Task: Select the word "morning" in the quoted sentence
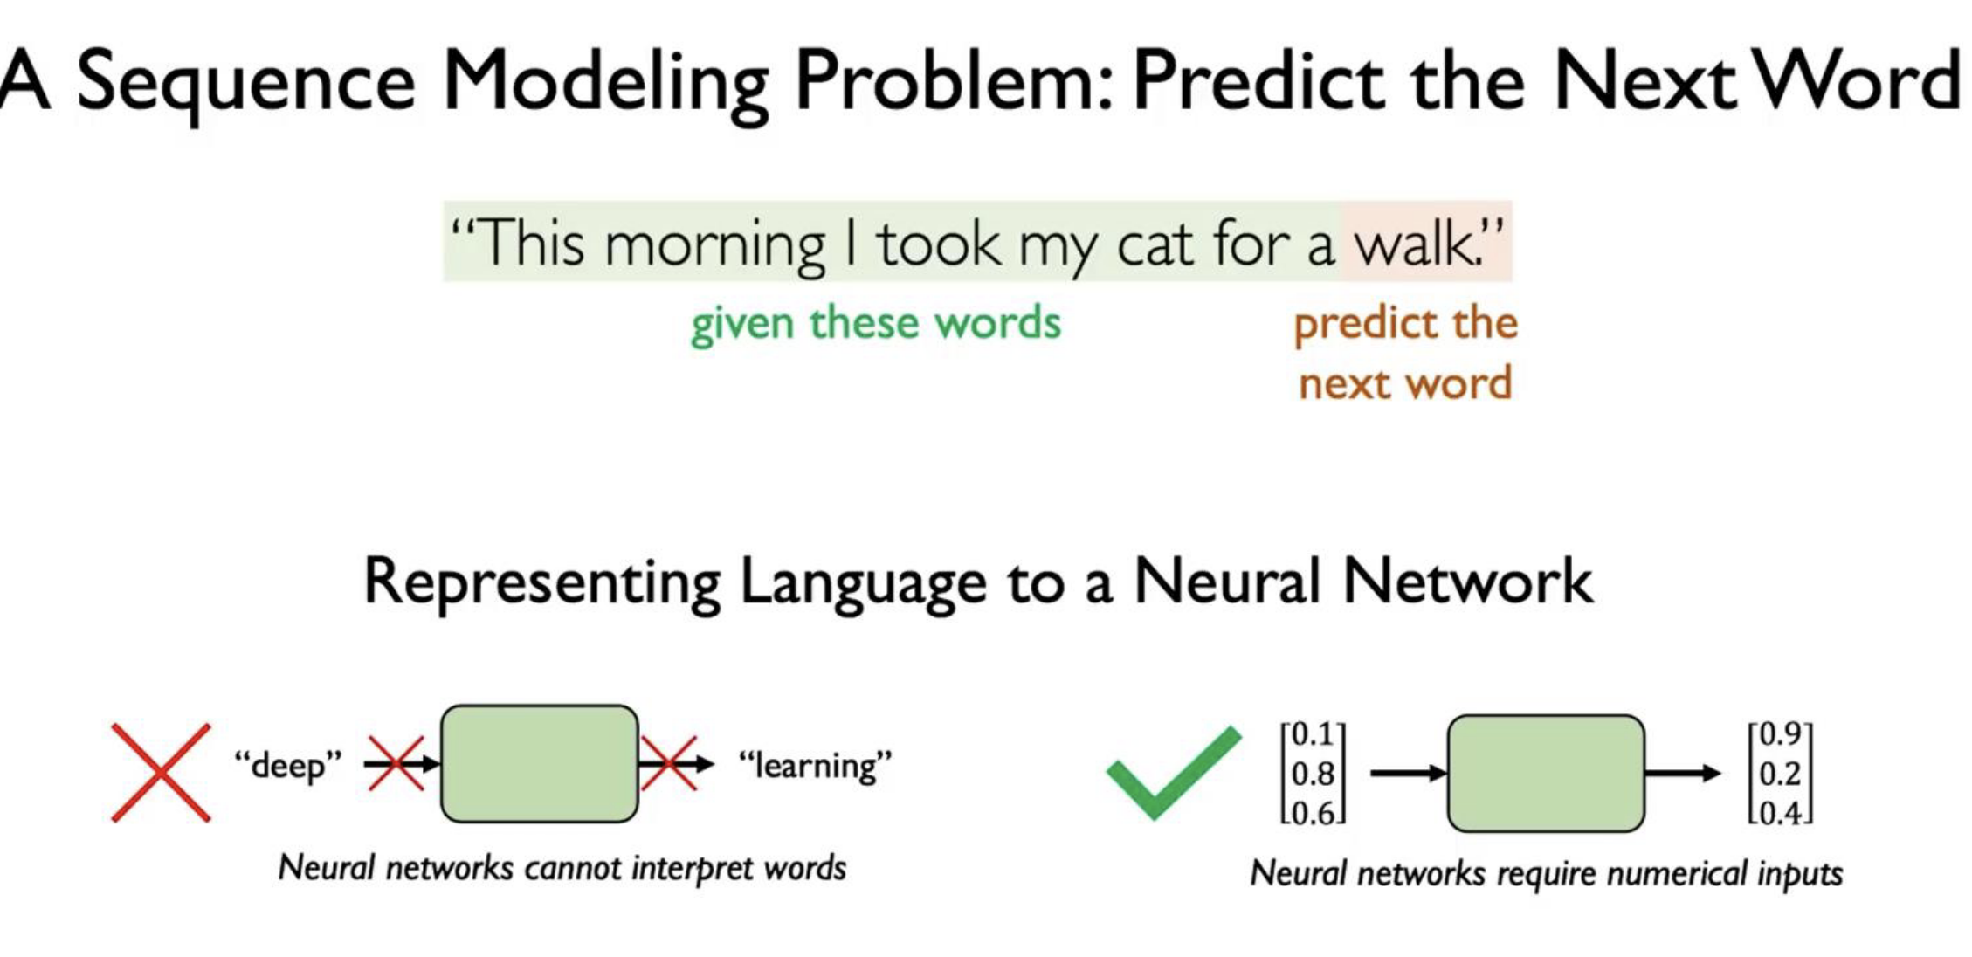point(714,246)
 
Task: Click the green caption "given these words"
point(876,324)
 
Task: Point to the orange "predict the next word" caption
point(1405,354)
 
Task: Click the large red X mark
point(161,772)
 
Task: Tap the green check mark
point(1173,773)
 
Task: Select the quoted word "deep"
point(287,766)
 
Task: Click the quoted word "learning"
point(815,766)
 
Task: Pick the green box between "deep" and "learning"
point(540,764)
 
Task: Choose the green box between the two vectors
point(1546,774)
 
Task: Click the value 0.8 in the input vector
point(1313,775)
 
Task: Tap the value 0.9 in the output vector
point(1780,734)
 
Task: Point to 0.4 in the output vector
point(1780,814)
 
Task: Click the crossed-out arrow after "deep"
point(401,764)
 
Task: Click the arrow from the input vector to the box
point(1409,773)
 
